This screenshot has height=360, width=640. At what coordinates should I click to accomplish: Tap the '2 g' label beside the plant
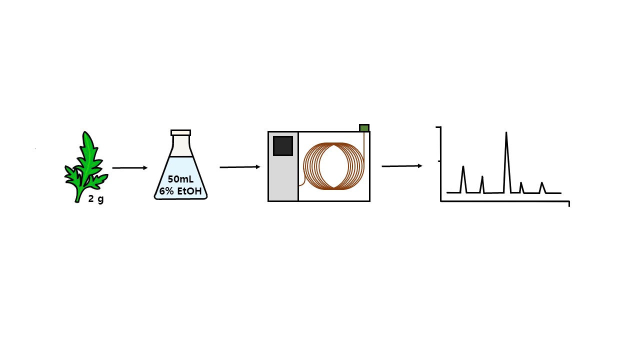[x=96, y=199]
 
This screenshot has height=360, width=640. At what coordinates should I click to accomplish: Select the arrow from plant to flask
[x=129, y=167]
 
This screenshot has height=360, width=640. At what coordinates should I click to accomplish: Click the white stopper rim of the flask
[x=180, y=132]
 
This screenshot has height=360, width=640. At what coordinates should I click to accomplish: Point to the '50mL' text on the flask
[x=180, y=179]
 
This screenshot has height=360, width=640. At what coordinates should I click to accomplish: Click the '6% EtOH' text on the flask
[x=180, y=191]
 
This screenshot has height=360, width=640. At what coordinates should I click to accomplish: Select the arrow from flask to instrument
[x=240, y=167]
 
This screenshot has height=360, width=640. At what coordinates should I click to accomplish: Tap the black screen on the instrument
[x=283, y=146]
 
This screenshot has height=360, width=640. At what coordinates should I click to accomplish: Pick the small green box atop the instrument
[x=364, y=127]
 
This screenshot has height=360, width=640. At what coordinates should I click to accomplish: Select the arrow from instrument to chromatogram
[x=402, y=166]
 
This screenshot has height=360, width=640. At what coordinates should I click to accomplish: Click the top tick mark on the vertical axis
[x=438, y=126]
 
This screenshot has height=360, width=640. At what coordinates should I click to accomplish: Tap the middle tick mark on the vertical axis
[x=439, y=161]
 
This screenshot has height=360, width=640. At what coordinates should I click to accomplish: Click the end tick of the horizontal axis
[x=569, y=204]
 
